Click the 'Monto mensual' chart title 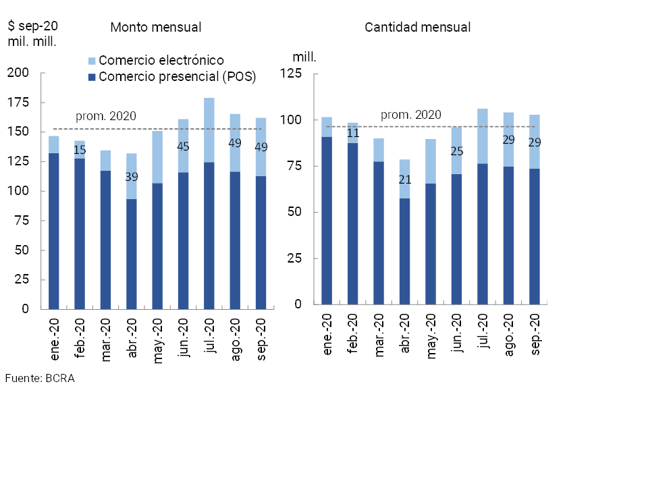click(156, 28)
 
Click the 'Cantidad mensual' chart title click(417, 28)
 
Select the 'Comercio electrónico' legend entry click(161, 61)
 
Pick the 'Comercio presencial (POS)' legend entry click(177, 76)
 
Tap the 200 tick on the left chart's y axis click(18, 73)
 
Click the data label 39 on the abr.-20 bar click(132, 177)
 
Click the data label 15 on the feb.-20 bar click(80, 149)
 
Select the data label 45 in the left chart click(184, 146)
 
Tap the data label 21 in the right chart click(405, 179)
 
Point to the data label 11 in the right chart click(353, 133)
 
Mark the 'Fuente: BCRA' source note click(39, 378)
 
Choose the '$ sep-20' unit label click(32, 26)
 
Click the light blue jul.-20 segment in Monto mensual click(209, 130)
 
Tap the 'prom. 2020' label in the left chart click(106, 116)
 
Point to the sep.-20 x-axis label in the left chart click(262, 338)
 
